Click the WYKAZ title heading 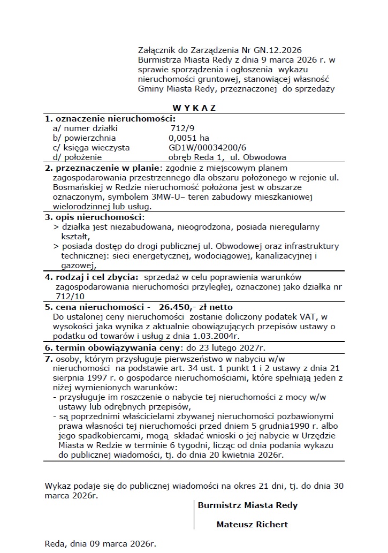(194, 108)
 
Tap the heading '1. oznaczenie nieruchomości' (110, 118)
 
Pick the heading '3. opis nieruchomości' (95, 217)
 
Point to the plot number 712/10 (70, 296)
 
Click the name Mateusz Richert (252, 525)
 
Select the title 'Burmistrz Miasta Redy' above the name (248, 505)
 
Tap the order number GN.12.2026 (293, 50)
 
